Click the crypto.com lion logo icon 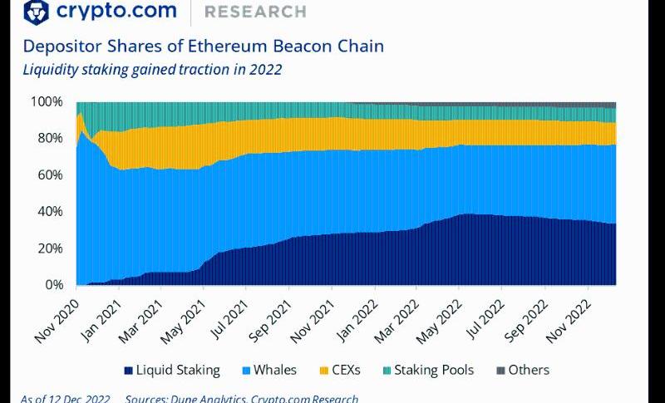click(36, 12)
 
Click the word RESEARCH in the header click(254, 12)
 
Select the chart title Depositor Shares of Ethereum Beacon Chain click(203, 46)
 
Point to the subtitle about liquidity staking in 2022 click(152, 69)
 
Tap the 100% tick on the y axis click(47, 102)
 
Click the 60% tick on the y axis click(48, 175)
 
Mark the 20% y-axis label click(48, 248)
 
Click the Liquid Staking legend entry click(171, 371)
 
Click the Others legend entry click(521, 371)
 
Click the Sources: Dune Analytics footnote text click(241, 398)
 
